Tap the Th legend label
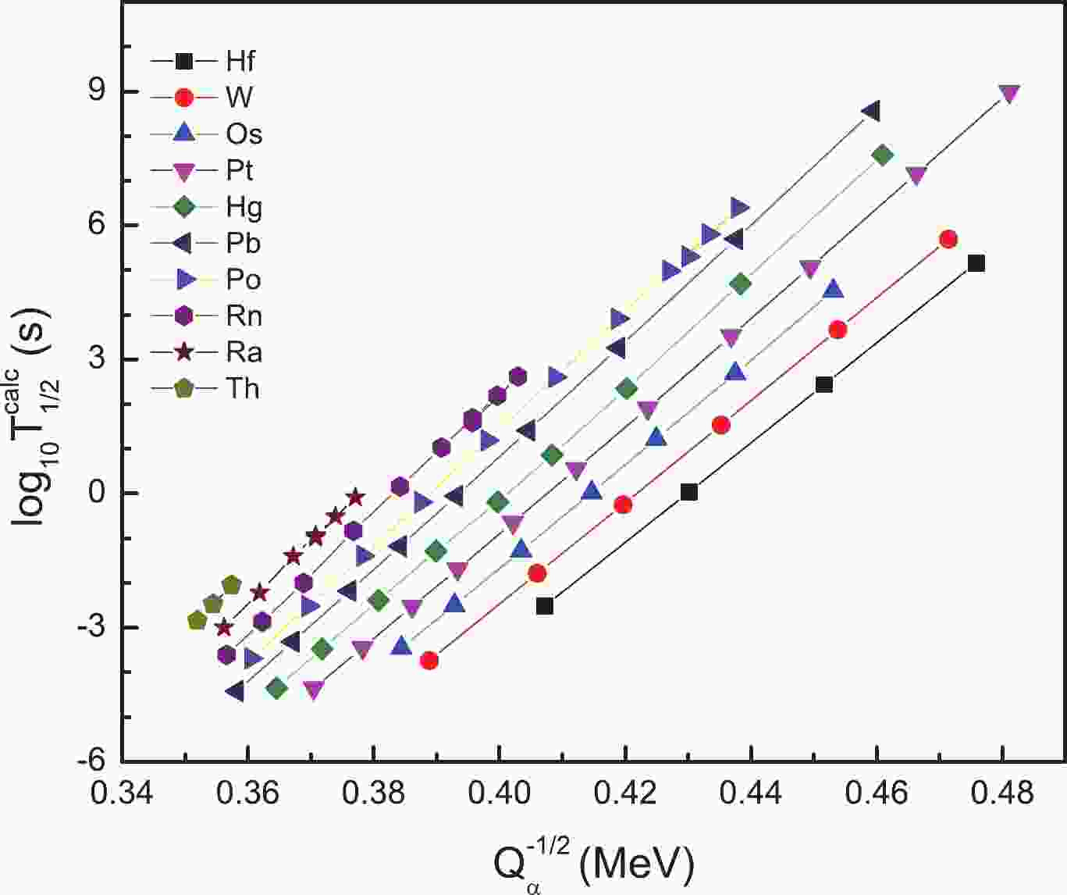242,388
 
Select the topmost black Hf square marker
976,263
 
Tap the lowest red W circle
429,661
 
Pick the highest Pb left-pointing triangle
870,111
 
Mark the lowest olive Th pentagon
197,621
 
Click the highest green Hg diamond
883,155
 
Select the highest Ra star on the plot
355,497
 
